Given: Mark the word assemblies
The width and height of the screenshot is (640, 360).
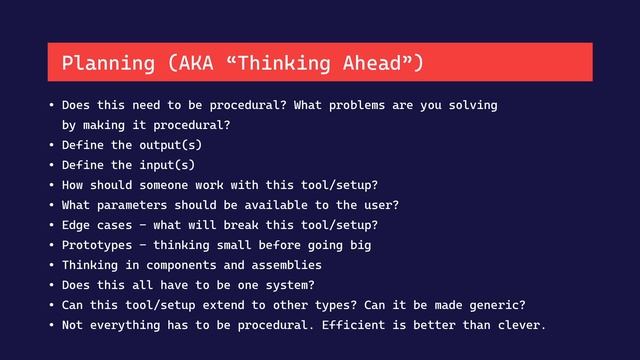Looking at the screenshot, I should coord(284,265).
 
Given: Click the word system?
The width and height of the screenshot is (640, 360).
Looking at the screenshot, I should coord(288,285).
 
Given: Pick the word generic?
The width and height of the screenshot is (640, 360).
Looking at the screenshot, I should coord(495,305).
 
